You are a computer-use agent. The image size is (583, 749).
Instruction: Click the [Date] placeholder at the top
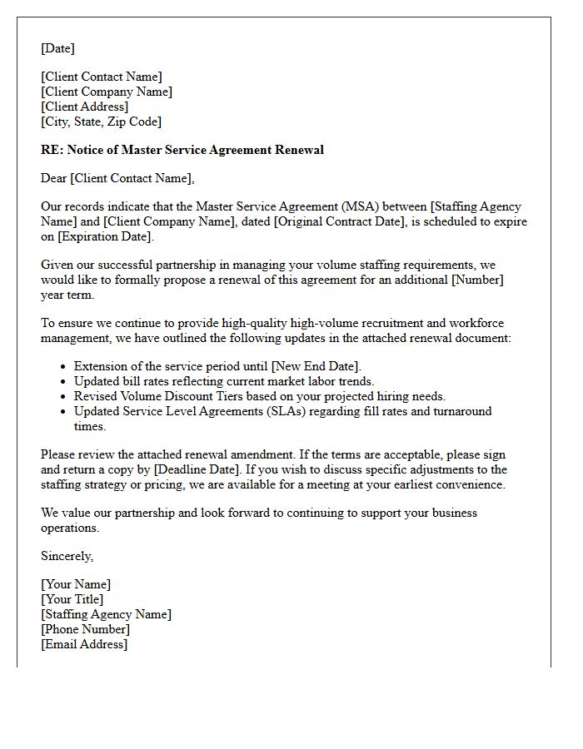57,48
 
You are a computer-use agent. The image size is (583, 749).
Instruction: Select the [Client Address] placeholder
84,107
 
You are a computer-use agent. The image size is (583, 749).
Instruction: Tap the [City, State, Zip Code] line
101,122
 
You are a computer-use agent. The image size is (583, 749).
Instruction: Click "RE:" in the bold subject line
52,150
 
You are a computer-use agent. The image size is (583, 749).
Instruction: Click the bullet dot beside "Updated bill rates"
63,382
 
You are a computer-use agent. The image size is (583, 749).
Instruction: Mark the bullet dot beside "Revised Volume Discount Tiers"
63,397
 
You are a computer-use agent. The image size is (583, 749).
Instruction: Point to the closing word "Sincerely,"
67,556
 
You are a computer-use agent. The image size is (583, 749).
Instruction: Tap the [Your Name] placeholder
76,584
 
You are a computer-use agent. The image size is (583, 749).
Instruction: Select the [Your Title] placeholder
72,599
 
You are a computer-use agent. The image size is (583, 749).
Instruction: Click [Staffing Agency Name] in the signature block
106,614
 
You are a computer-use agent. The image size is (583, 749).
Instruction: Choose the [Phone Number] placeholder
85,629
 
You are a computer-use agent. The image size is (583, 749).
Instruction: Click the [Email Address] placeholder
84,644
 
